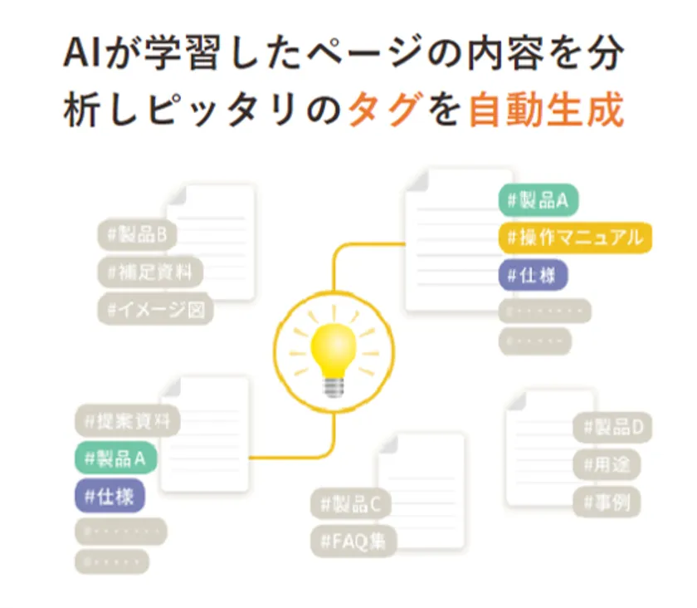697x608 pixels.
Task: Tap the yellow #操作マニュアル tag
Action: click(x=575, y=238)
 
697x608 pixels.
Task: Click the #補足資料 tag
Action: click(x=150, y=272)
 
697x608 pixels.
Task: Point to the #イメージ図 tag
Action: click(x=156, y=309)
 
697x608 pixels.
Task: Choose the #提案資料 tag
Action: click(x=127, y=421)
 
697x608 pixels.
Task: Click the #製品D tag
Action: click(x=612, y=429)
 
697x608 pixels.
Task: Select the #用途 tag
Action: click(x=607, y=465)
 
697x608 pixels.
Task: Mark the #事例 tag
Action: click(x=606, y=502)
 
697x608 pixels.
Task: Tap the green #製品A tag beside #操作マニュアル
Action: click(x=538, y=200)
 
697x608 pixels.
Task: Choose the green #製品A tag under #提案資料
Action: click(x=115, y=458)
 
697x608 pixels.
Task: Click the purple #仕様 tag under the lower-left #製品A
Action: click(x=109, y=496)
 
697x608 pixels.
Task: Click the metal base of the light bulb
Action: click(x=333, y=385)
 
